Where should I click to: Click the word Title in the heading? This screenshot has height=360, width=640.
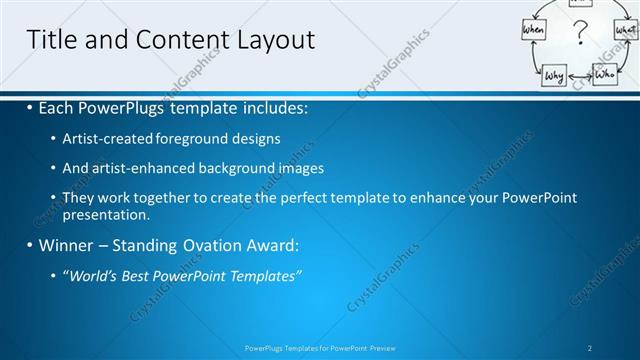(x=51, y=40)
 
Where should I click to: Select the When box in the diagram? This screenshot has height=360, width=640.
(x=534, y=31)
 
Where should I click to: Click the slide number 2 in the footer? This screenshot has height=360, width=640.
(x=589, y=348)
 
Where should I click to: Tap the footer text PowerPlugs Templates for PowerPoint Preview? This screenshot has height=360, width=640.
(x=320, y=348)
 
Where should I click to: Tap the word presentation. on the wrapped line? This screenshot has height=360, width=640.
(x=106, y=214)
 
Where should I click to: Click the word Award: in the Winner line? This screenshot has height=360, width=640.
(x=270, y=244)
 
